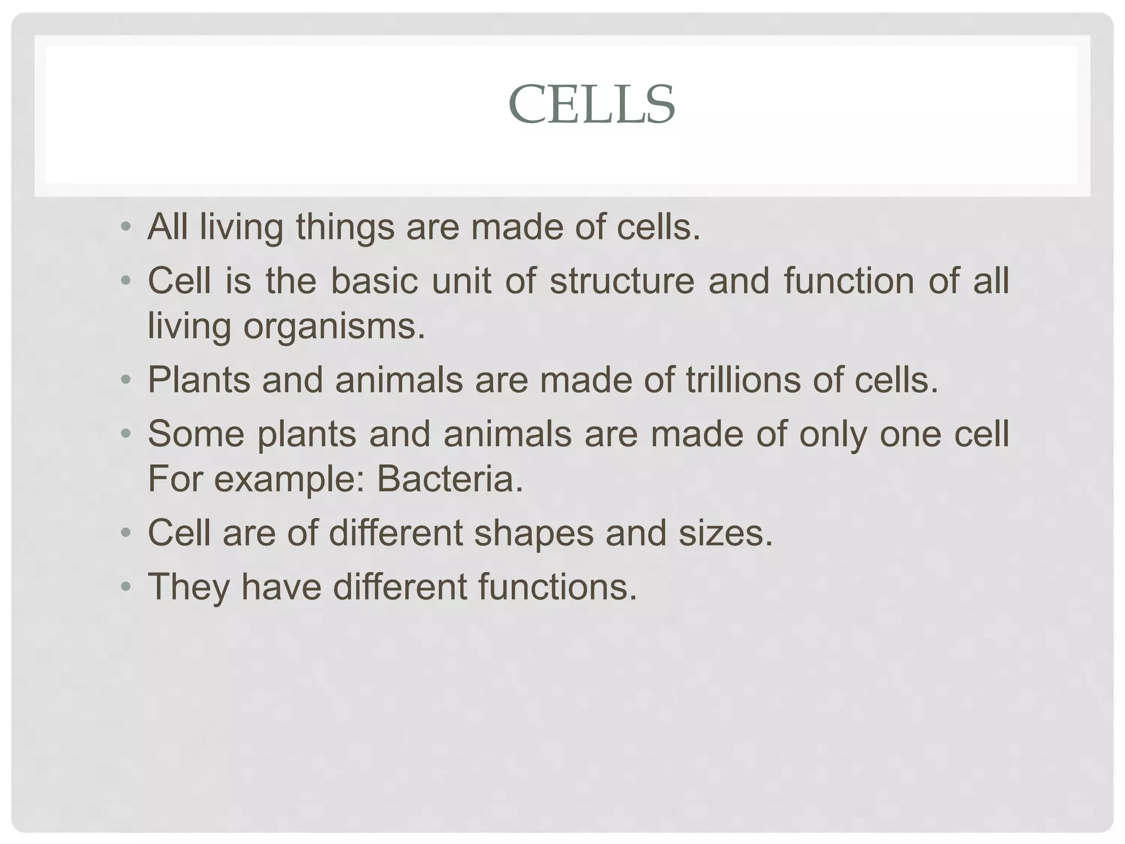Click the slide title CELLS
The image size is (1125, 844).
point(592,104)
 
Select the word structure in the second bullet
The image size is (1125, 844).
point(622,281)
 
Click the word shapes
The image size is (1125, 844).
point(534,533)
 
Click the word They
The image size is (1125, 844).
point(188,587)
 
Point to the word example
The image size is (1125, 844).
point(285,479)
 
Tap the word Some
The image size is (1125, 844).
point(196,434)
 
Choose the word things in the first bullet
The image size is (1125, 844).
point(345,227)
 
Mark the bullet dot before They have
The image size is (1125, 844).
point(126,586)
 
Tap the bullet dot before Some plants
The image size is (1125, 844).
point(126,434)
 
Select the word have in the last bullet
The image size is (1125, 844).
point(281,587)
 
